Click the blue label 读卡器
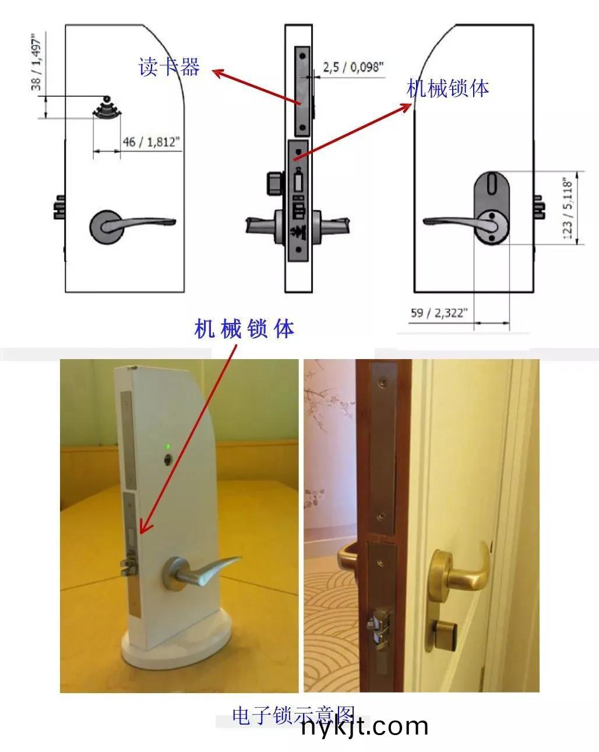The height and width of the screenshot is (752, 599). (169, 67)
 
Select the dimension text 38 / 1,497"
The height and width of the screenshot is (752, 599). (37, 62)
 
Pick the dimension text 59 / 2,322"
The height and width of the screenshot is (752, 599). (439, 313)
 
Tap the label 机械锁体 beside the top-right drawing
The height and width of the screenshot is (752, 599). (448, 88)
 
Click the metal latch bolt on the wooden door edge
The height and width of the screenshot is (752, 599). (376, 629)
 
